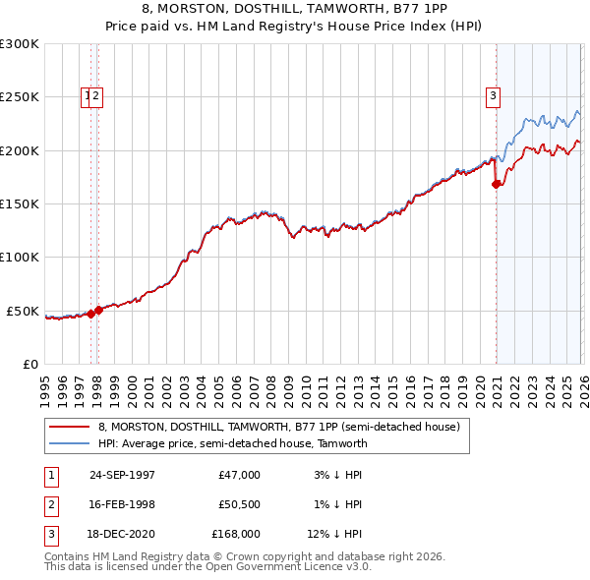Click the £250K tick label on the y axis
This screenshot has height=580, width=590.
(x=19, y=97)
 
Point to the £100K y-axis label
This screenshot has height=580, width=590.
(x=19, y=258)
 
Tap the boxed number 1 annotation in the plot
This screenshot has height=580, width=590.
(x=88, y=95)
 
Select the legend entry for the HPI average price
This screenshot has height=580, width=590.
(x=232, y=443)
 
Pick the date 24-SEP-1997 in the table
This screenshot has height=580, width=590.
(x=122, y=475)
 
